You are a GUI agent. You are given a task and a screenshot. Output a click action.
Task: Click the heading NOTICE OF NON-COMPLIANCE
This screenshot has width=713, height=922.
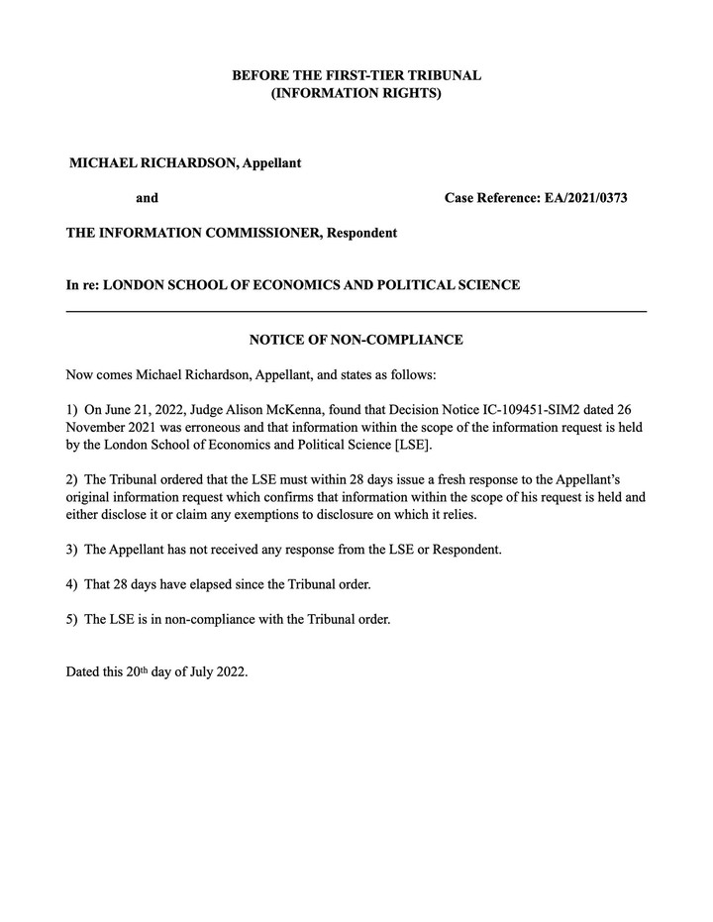tap(356, 340)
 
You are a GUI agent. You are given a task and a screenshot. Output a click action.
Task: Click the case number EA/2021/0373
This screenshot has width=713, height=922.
tap(586, 198)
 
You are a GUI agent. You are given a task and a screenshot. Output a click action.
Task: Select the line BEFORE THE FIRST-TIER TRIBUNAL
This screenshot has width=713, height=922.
tap(356, 75)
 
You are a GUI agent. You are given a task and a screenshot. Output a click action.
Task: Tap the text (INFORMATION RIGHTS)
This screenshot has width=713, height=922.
tap(356, 94)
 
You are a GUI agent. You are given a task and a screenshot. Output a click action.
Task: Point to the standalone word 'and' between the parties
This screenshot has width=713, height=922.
tap(147, 198)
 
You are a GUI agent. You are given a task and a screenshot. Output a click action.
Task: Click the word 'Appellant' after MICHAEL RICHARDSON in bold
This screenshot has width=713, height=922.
tap(271, 162)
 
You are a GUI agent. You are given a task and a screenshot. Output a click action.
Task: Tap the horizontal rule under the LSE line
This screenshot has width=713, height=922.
tap(356, 311)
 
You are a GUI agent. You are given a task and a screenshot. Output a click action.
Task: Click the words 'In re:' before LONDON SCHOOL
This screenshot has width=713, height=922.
tap(82, 285)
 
